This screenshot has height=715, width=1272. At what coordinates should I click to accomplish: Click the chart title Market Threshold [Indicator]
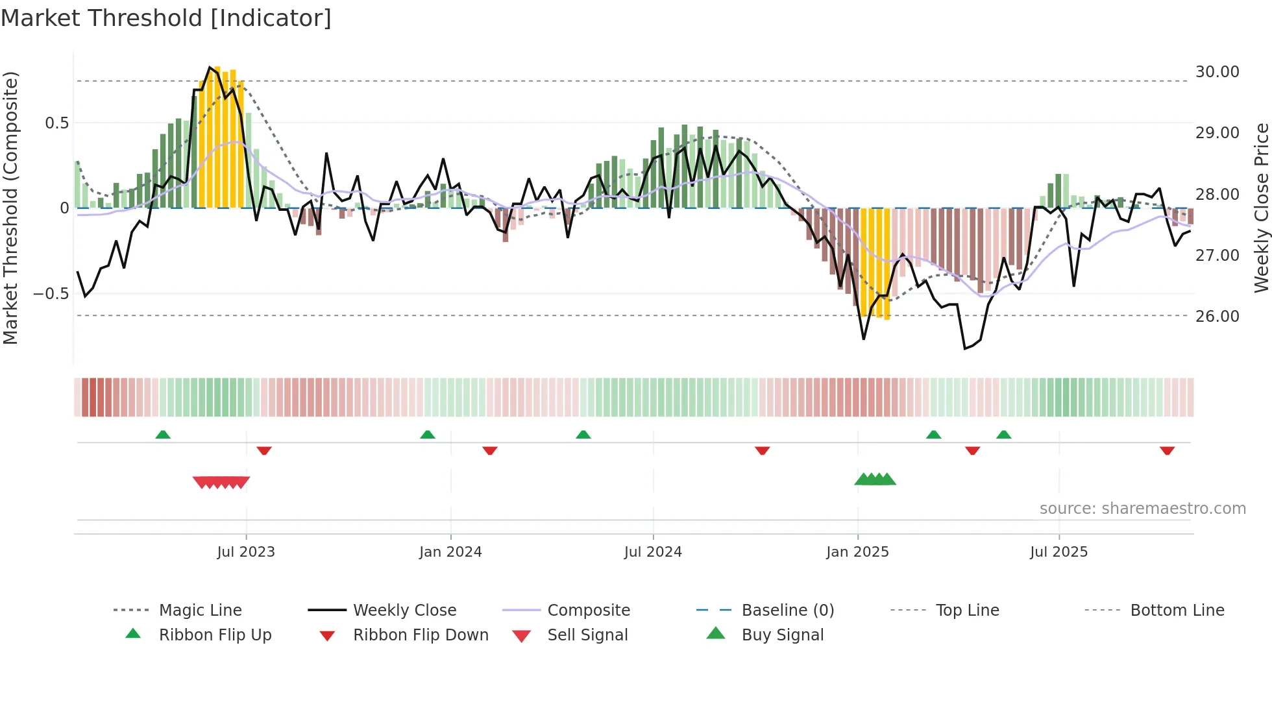click(x=166, y=18)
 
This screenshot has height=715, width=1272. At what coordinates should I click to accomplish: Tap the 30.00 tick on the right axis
click(x=1217, y=72)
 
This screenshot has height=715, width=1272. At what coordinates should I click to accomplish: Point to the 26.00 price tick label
click(x=1217, y=317)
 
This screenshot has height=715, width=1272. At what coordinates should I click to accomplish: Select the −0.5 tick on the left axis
click(x=51, y=294)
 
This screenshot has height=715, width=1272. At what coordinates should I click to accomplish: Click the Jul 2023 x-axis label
click(x=246, y=552)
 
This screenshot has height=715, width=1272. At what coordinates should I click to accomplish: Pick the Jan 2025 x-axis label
click(x=857, y=552)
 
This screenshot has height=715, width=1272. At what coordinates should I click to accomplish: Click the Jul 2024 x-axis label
click(x=653, y=552)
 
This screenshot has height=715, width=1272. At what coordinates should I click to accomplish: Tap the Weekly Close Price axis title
click(x=1261, y=208)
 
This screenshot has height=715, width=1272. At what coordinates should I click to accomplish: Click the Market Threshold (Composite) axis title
click(x=10, y=208)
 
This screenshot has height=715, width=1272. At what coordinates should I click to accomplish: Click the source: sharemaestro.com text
click(x=1142, y=509)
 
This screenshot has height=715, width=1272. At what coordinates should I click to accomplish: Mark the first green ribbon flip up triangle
click(x=163, y=435)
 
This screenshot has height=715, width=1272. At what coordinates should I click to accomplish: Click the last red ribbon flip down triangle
click(x=1167, y=450)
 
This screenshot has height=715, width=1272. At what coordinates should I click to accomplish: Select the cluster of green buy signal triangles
click(x=875, y=479)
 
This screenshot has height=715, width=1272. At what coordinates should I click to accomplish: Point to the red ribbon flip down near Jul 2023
click(x=263, y=450)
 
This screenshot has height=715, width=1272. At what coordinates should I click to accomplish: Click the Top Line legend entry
click(x=967, y=611)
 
